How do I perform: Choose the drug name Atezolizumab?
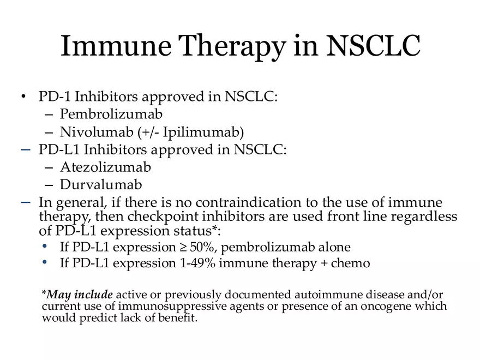105,167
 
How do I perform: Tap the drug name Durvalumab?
101,184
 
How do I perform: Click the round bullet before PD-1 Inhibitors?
23,98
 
